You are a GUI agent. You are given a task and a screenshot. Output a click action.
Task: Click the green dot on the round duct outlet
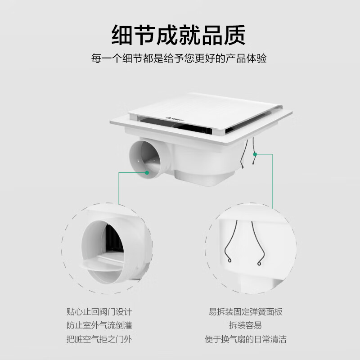pos(148,172)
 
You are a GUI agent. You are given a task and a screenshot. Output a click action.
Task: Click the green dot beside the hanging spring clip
pos(255,154)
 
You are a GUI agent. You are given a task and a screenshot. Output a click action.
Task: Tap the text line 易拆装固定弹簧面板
pos(246,311)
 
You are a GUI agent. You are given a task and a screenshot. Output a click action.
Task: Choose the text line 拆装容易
pos(246,325)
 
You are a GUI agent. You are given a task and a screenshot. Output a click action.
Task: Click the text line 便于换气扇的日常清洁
pos(246,338)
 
